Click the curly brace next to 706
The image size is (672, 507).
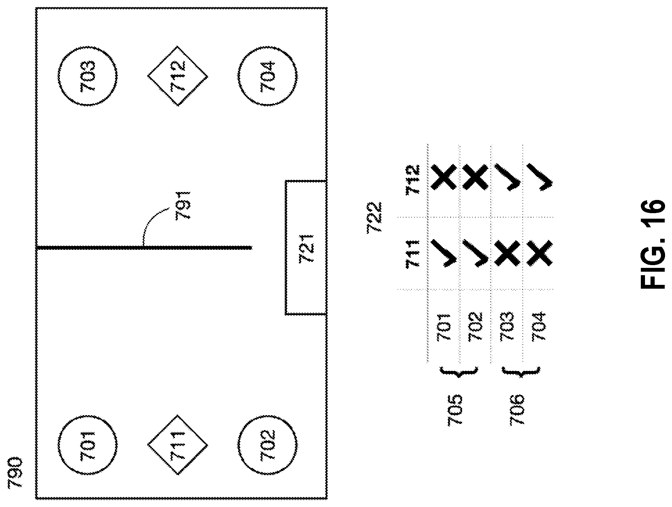click(x=519, y=371)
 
